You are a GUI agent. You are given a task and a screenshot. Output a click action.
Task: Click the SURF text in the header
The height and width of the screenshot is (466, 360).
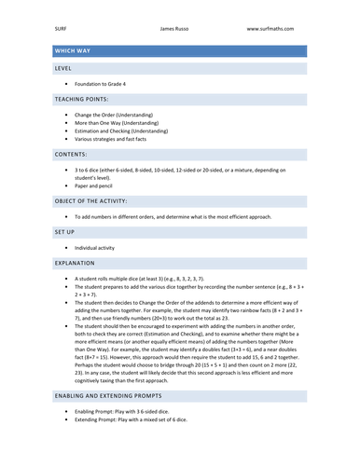tap(61, 29)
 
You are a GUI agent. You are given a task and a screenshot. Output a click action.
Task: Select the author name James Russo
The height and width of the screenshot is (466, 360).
tap(180, 29)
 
